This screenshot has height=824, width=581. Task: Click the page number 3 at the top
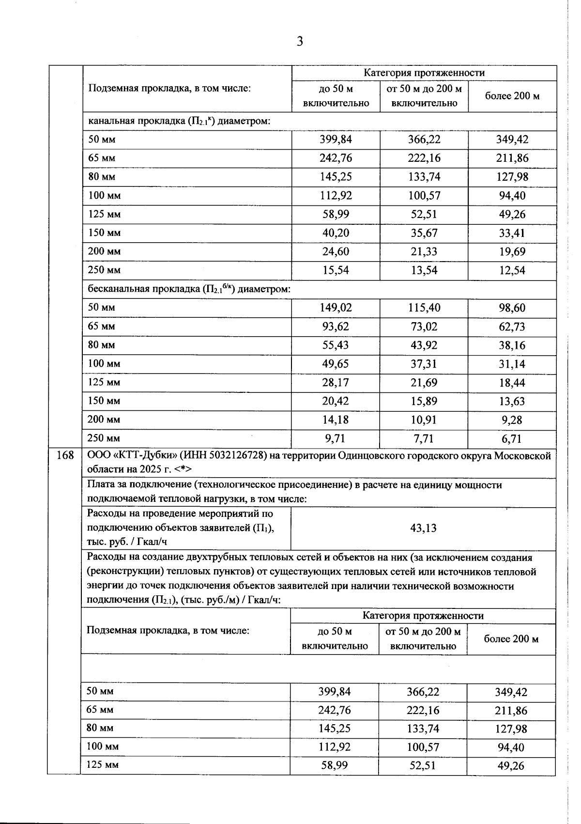300,42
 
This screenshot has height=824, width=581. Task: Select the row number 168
65,455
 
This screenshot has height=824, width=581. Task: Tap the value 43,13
423,528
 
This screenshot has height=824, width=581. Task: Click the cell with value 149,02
336,308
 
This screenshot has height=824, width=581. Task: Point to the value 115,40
424,308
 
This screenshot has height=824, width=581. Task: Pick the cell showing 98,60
512,308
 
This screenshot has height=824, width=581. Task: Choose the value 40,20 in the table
336,233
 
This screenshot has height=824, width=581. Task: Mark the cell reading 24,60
336,251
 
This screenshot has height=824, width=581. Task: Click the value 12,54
512,270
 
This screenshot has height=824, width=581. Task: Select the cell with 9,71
336,438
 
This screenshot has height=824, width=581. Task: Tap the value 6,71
512,439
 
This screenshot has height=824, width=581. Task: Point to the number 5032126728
238,456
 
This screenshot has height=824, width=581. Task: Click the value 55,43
336,345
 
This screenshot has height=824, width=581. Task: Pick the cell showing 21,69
424,383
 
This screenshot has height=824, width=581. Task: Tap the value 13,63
512,401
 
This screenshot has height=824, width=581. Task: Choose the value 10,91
424,420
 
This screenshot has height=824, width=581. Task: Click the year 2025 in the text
151,469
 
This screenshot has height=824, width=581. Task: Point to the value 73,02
424,326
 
